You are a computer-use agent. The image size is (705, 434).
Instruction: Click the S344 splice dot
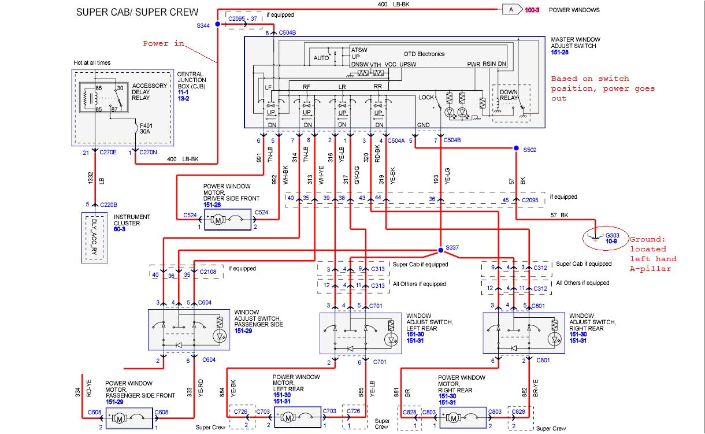(x=218, y=24)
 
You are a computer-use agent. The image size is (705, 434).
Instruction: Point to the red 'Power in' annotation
(x=164, y=43)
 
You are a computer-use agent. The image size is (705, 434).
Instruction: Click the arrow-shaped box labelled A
(x=511, y=9)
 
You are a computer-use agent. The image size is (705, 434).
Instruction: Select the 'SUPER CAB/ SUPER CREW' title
(x=137, y=12)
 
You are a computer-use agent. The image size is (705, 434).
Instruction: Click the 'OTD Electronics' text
(x=424, y=54)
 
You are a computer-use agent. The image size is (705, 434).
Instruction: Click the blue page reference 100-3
(x=532, y=10)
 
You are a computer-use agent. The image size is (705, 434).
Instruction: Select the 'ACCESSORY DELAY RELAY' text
(x=149, y=91)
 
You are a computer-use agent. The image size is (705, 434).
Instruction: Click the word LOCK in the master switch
(x=426, y=97)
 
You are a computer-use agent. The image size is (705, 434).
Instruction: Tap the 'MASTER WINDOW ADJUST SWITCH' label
(x=573, y=42)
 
